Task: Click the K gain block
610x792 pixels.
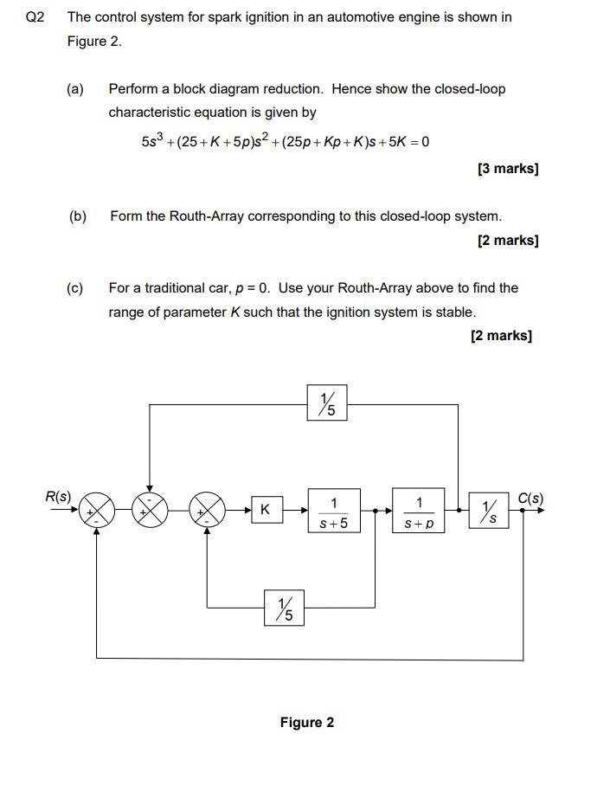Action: click(265, 510)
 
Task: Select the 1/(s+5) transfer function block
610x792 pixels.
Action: click(333, 512)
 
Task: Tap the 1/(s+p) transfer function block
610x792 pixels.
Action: click(418, 512)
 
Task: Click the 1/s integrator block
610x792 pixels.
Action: click(489, 510)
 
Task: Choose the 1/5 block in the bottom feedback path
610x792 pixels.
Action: click(284, 608)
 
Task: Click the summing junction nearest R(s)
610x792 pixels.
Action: click(97, 510)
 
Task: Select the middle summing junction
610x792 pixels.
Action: click(151, 510)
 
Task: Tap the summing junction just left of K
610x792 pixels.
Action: click(208, 510)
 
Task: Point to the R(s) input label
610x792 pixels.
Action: click(58, 496)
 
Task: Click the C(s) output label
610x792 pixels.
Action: click(530, 498)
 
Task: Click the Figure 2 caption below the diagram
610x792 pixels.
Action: click(306, 723)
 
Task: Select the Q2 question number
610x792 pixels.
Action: click(35, 17)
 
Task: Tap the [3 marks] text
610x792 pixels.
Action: click(507, 169)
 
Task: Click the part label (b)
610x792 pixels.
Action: click(78, 216)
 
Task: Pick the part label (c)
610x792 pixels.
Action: click(75, 288)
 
